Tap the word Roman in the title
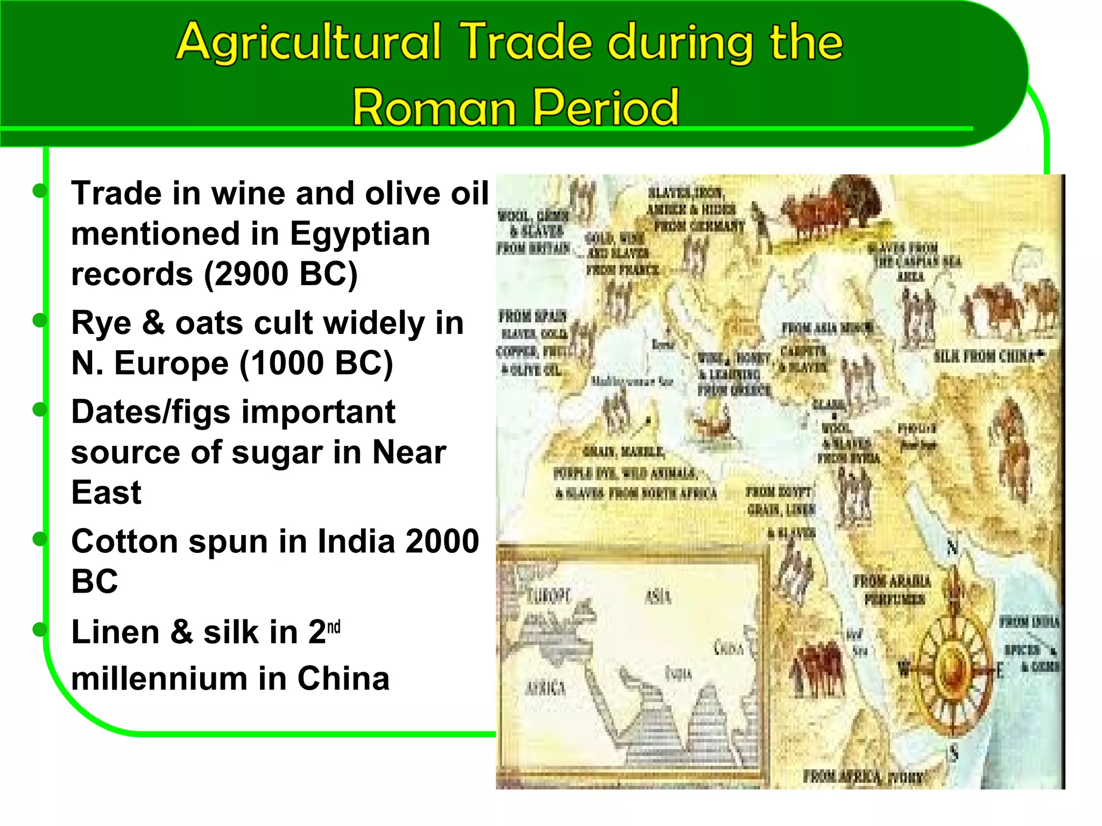coord(434,108)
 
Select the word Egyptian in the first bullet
coord(359,233)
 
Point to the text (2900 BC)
coord(281,274)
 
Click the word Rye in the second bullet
coord(101,323)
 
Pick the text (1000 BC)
coord(316,363)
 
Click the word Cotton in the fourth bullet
coord(124,541)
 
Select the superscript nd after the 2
coord(334,627)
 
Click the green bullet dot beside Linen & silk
coord(39,629)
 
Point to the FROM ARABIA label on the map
coord(892,581)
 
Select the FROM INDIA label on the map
coord(1029,622)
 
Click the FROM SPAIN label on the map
coord(532,316)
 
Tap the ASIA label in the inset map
coord(658,596)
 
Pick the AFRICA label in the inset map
coord(545,688)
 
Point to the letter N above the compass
coord(952,548)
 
